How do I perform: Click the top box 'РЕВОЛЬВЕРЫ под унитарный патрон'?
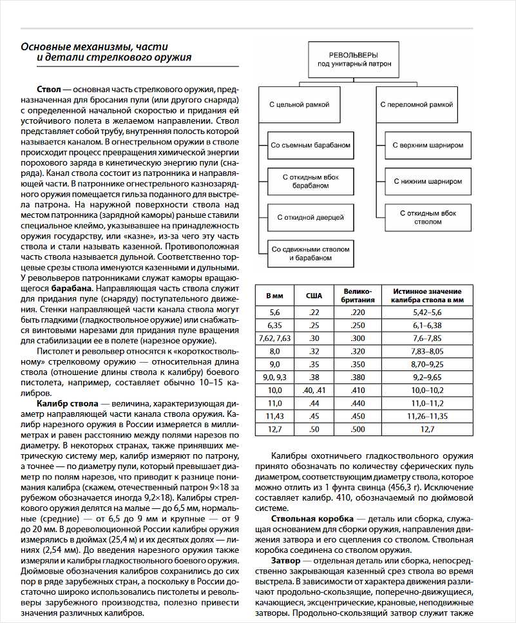point(350,60)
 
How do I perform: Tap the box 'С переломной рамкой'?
point(416,104)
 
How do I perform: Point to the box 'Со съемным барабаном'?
point(311,145)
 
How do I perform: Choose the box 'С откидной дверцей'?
point(311,217)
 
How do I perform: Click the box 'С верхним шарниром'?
point(428,145)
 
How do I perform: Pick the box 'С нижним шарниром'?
point(428,181)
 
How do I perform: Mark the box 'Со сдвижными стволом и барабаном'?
point(311,253)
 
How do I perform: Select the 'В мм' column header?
point(274,296)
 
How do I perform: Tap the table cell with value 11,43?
point(274,416)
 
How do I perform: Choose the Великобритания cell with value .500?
point(357,429)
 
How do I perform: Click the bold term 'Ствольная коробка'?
point(312,519)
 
